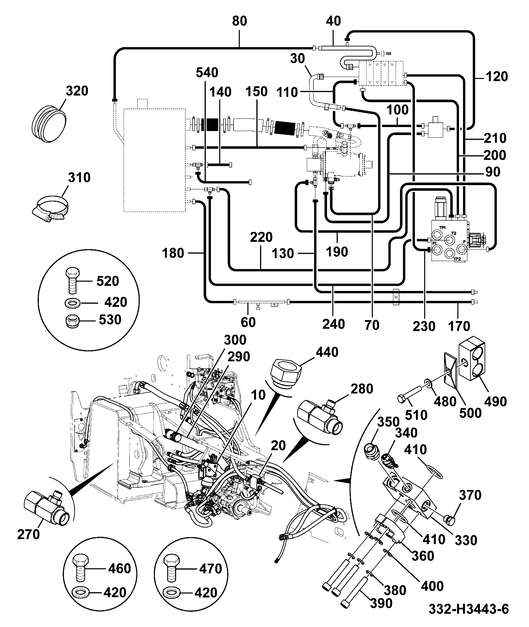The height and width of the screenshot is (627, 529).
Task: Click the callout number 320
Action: point(77,91)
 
